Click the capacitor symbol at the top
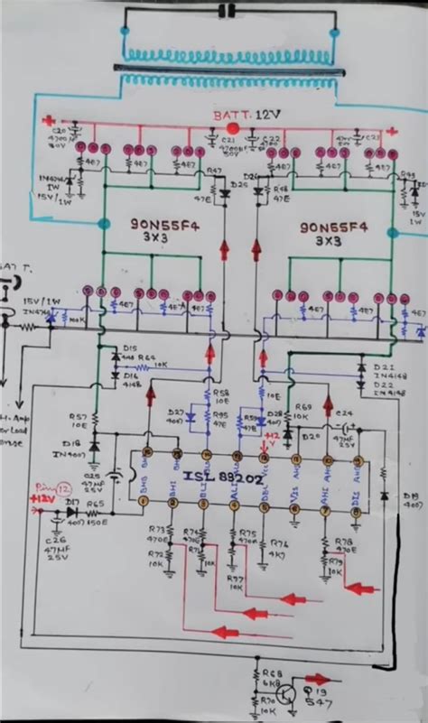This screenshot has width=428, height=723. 229,11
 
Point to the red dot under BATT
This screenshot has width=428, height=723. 233,128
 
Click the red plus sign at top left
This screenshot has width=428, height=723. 51,119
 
